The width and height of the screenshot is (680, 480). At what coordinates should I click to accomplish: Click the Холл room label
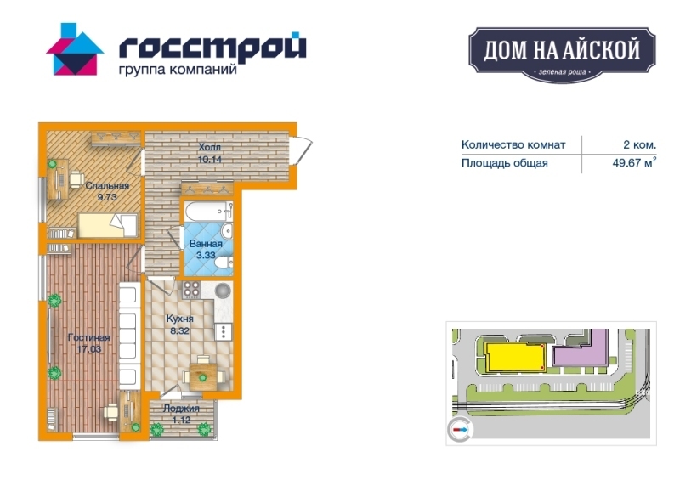tap(209, 147)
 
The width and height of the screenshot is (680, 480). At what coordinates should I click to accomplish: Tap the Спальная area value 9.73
tap(107, 197)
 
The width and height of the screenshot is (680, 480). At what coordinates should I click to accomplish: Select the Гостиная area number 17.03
tap(89, 348)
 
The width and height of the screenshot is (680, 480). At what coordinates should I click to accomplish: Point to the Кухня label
tap(180, 319)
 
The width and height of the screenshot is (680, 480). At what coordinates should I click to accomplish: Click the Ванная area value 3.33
tap(206, 255)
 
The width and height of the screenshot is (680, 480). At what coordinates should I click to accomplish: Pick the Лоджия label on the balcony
tap(181, 409)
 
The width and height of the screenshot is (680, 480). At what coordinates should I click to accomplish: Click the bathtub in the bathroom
tap(208, 211)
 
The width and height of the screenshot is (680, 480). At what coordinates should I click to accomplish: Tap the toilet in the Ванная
tap(224, 263)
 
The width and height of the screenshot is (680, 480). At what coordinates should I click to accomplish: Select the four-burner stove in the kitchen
tap(191, 290)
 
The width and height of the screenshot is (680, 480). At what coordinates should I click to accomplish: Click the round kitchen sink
tap(223, 290)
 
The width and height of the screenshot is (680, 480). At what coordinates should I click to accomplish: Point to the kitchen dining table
tap(203, 377)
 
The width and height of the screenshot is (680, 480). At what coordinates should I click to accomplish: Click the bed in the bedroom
tap(108, 225)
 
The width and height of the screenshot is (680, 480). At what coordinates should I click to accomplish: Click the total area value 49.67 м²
tap(634, 162)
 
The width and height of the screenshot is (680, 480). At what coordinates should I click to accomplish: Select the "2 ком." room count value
tap(640, 144)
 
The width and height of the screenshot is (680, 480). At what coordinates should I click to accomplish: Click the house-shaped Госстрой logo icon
tap(75, 49)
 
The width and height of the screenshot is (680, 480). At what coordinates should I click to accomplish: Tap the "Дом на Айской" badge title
tap(562, 49)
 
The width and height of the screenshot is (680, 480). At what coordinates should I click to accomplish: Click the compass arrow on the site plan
tap(460, 430)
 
